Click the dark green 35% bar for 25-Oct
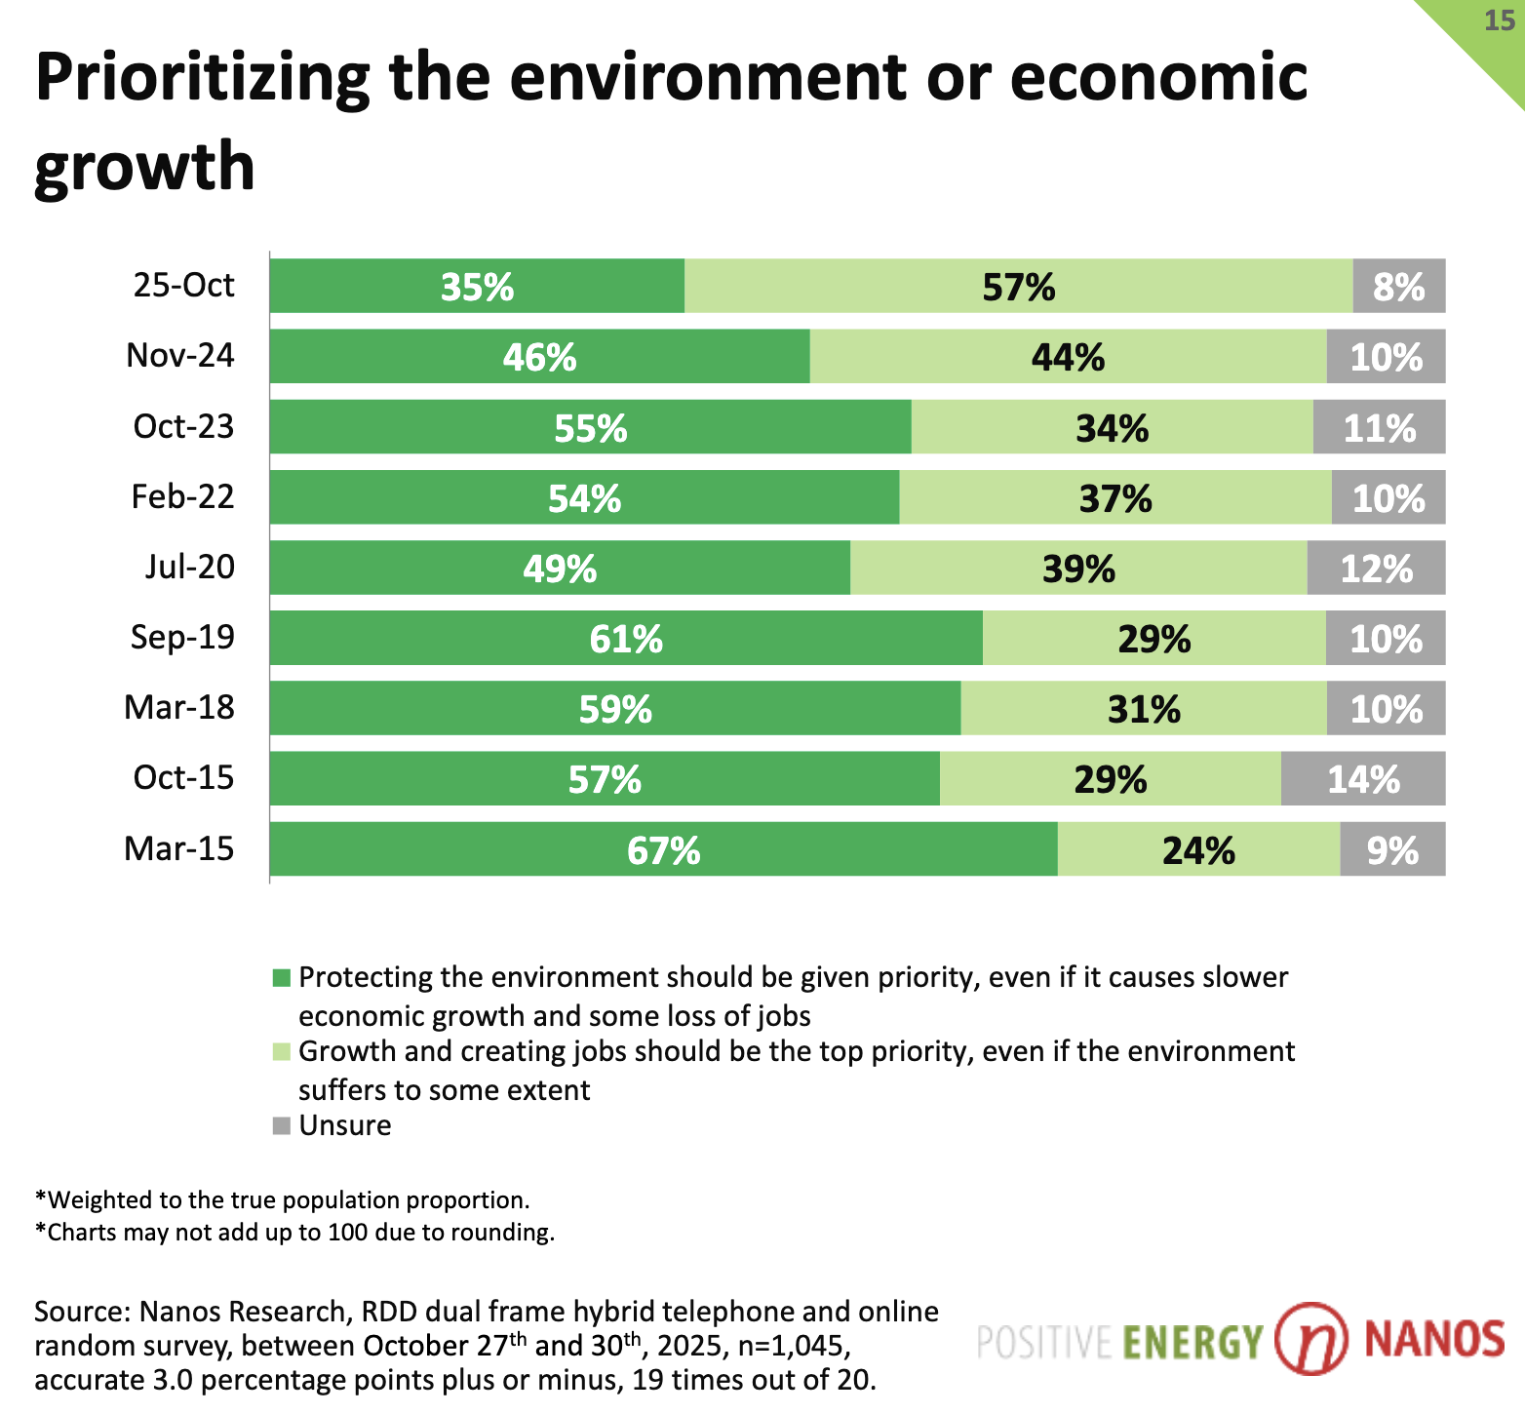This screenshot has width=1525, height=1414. pyautogui.click(x=477, y=286)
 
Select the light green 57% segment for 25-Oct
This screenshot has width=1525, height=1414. pyautogui.click(x=1018, y=286)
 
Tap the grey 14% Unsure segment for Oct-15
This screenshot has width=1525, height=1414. pyautogui.click(x=1362, y=778)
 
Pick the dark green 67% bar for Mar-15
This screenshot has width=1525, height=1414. pyautogui.click(x=663, y=849)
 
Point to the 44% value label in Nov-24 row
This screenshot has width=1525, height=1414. pyautogui.click(x=1068, y=357)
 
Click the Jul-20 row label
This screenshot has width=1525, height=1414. pyautogui.click(x=190, y=567)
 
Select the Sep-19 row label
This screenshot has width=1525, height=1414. pyautogui.click(x=182, y=637)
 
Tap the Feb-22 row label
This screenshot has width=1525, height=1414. pyautogui.click(x=182, y=496)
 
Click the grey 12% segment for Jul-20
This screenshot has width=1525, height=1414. pyautogui.click(x=1376, y=568)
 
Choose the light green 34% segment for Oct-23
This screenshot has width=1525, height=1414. pyautogui.click(x=1112, y=427)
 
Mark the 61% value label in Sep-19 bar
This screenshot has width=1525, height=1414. pyautogui.click(x=626, y=639)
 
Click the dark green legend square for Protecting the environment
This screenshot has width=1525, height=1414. pyautogui.click(x=282, y=978)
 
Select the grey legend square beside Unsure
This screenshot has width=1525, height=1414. pyautogui.click(x=282, y=1126)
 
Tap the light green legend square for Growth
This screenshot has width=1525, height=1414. pyautogui.click(x=282, y=1052)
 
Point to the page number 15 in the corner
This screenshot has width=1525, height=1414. pyautogui.click(x=1499, y=20)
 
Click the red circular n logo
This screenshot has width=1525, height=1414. pyautogui.click(x=1311, y=1339)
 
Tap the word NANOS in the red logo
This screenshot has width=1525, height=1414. pyautogui.click(x=1434, y=1339)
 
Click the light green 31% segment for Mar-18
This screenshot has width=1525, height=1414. pyautogui.click(x=1143, y=709)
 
